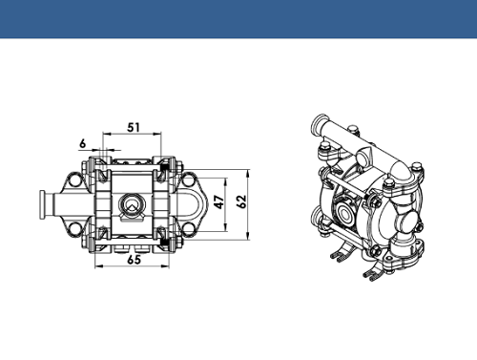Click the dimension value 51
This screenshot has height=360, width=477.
[x=134, y=127]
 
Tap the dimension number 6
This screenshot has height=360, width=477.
[x=83, y=144]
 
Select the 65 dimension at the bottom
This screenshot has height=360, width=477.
[x=134, y=260]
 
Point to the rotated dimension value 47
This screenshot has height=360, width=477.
[x=219, y=201]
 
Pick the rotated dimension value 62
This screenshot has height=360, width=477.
[x=241, y=201]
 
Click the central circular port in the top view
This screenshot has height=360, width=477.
[x=132, y=203]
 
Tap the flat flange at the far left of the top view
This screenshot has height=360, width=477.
[x=42, y=205]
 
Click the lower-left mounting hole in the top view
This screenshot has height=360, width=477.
[x=75, y=228]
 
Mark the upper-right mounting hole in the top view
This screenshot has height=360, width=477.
[x=189, y=180]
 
